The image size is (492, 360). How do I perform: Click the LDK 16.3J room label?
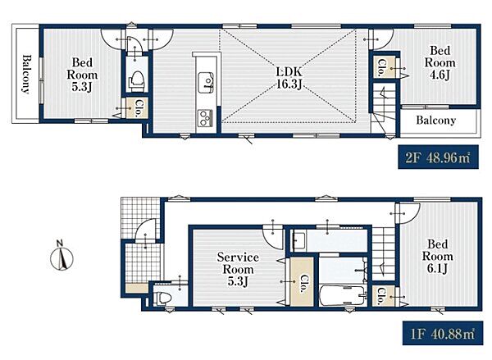(289, 78)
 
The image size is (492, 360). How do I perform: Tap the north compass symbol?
(61, 256)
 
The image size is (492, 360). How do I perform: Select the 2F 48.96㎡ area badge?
(438, 157)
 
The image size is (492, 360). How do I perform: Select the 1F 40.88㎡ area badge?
(443, 333)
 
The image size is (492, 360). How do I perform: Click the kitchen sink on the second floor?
(206, 83)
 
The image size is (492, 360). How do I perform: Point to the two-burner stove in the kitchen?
(204, 117)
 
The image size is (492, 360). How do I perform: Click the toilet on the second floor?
(136, 81)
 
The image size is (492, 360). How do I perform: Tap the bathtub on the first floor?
(342, 295)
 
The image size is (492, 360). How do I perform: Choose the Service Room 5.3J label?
(238, 269)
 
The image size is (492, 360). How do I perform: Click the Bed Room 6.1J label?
(437, 256)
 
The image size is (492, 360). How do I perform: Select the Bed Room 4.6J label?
(440, 62)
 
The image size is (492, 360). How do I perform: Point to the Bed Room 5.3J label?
(82, 75)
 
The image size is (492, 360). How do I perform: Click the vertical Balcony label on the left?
(26, 74)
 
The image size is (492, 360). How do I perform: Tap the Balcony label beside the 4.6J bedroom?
(436, 121)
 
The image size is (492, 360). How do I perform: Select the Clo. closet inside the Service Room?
(302, 282)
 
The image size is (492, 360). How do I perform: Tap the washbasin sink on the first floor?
(298, 240)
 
